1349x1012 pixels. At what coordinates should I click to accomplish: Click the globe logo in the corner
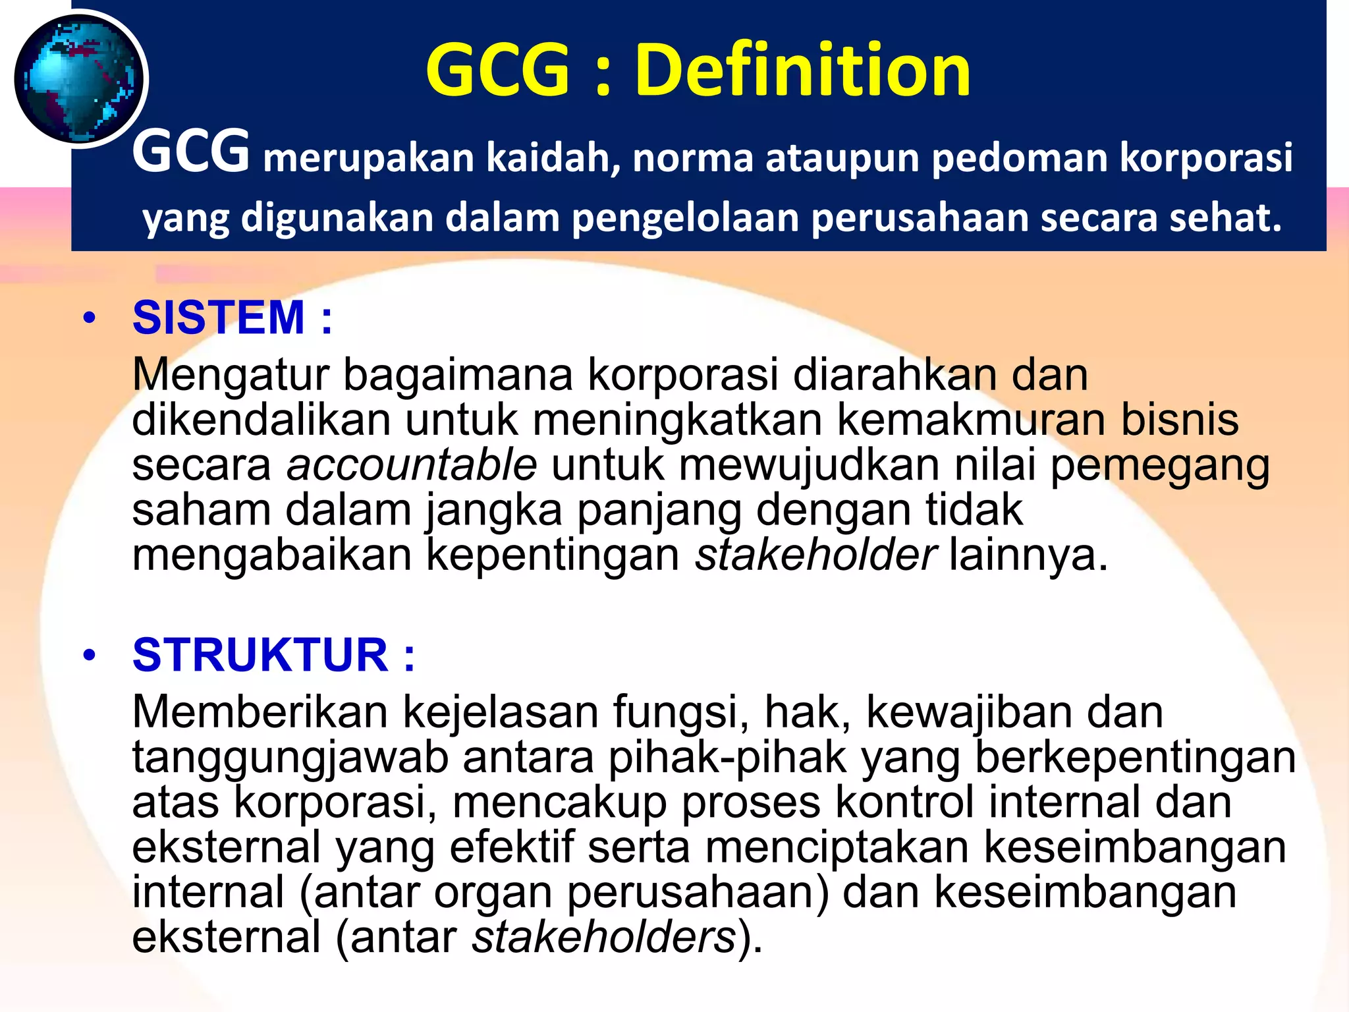click(x=79, y=79)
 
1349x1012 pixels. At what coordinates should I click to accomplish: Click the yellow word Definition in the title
click(x=802, y=70)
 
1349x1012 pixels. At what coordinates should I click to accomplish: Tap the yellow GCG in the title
click(x=498, y=70)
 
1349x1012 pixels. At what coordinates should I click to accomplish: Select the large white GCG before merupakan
click(x=191, y=153)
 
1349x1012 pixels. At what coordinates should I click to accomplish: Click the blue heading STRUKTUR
click(x=260, y=655)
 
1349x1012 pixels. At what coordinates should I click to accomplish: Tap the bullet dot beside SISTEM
click(x=90, y=319)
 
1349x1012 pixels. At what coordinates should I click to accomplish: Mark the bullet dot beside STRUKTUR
click(x=90, y=656)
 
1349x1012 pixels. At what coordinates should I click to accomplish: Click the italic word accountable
click(x=412, y=465)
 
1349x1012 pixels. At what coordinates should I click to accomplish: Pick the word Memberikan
click(x=260, y=713)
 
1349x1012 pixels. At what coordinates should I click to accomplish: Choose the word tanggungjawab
click(x=290, y=758)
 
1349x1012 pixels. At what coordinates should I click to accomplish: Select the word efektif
click(x=511, y=847)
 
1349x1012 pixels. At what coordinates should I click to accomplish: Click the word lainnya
click(x=1028, y=555)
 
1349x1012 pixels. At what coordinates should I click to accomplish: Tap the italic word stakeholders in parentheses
click(x=603, y=937)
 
